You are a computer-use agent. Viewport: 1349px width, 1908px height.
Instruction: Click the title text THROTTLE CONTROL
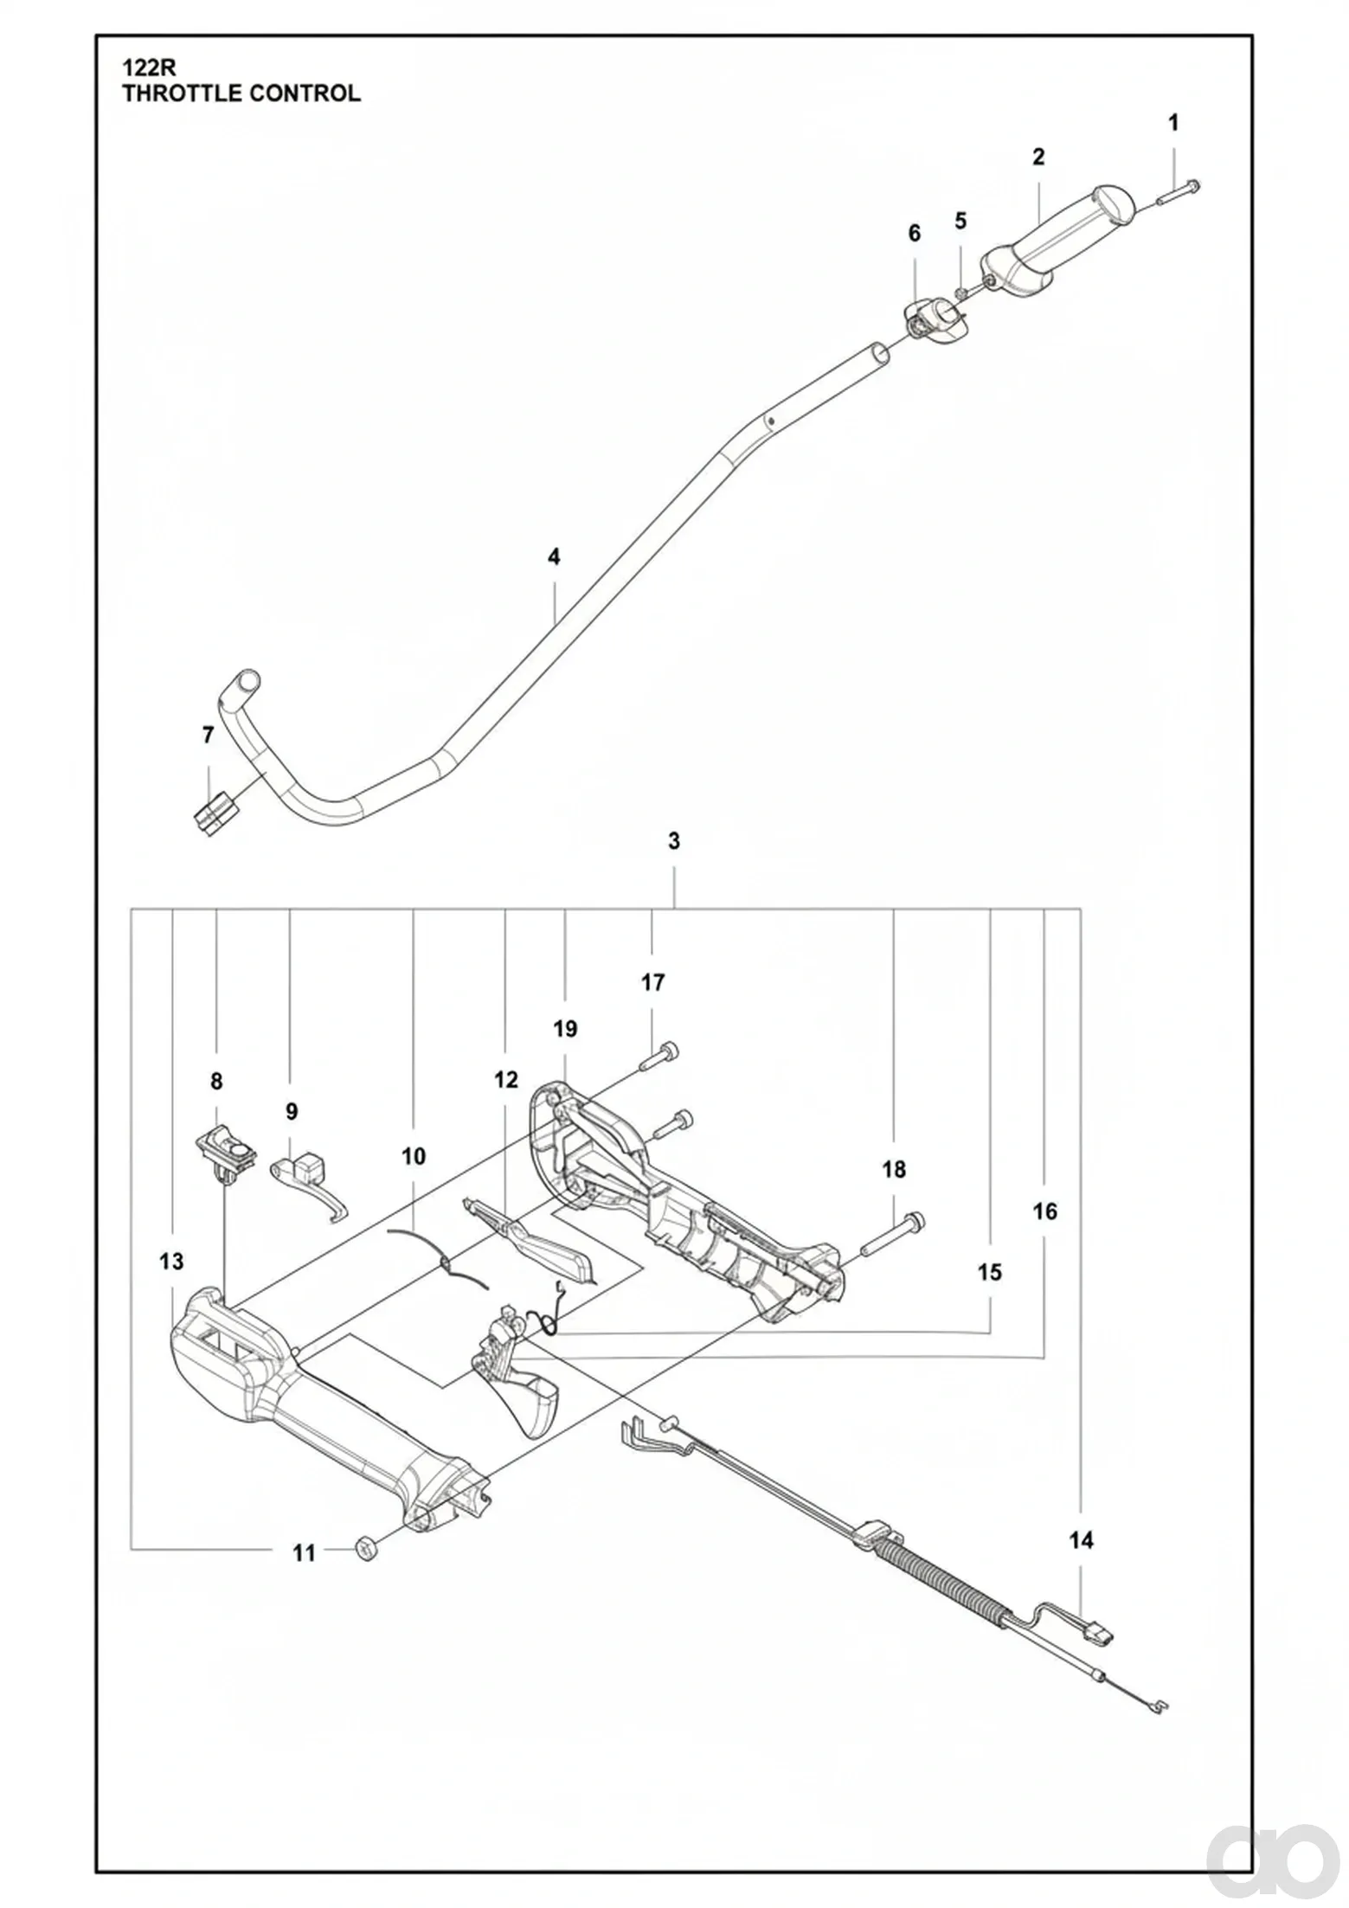(x=241, y=93)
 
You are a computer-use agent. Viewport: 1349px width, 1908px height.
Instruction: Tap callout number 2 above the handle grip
(x=1038, y=157)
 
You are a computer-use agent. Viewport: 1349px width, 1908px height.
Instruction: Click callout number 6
(x=915, y=233)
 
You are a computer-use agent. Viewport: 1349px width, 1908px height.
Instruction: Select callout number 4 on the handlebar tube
(x=554, y=556)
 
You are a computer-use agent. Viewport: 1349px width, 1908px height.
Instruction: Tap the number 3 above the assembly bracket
(x=674, y=840)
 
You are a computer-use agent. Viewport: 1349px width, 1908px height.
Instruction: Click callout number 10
(x=414, y=1156)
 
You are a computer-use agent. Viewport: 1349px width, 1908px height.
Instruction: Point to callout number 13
(x=171, y=1262)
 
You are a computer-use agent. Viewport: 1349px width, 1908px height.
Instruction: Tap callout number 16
(x=1044, y=1211)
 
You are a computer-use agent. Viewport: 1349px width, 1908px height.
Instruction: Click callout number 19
(x=565, y=1029)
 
